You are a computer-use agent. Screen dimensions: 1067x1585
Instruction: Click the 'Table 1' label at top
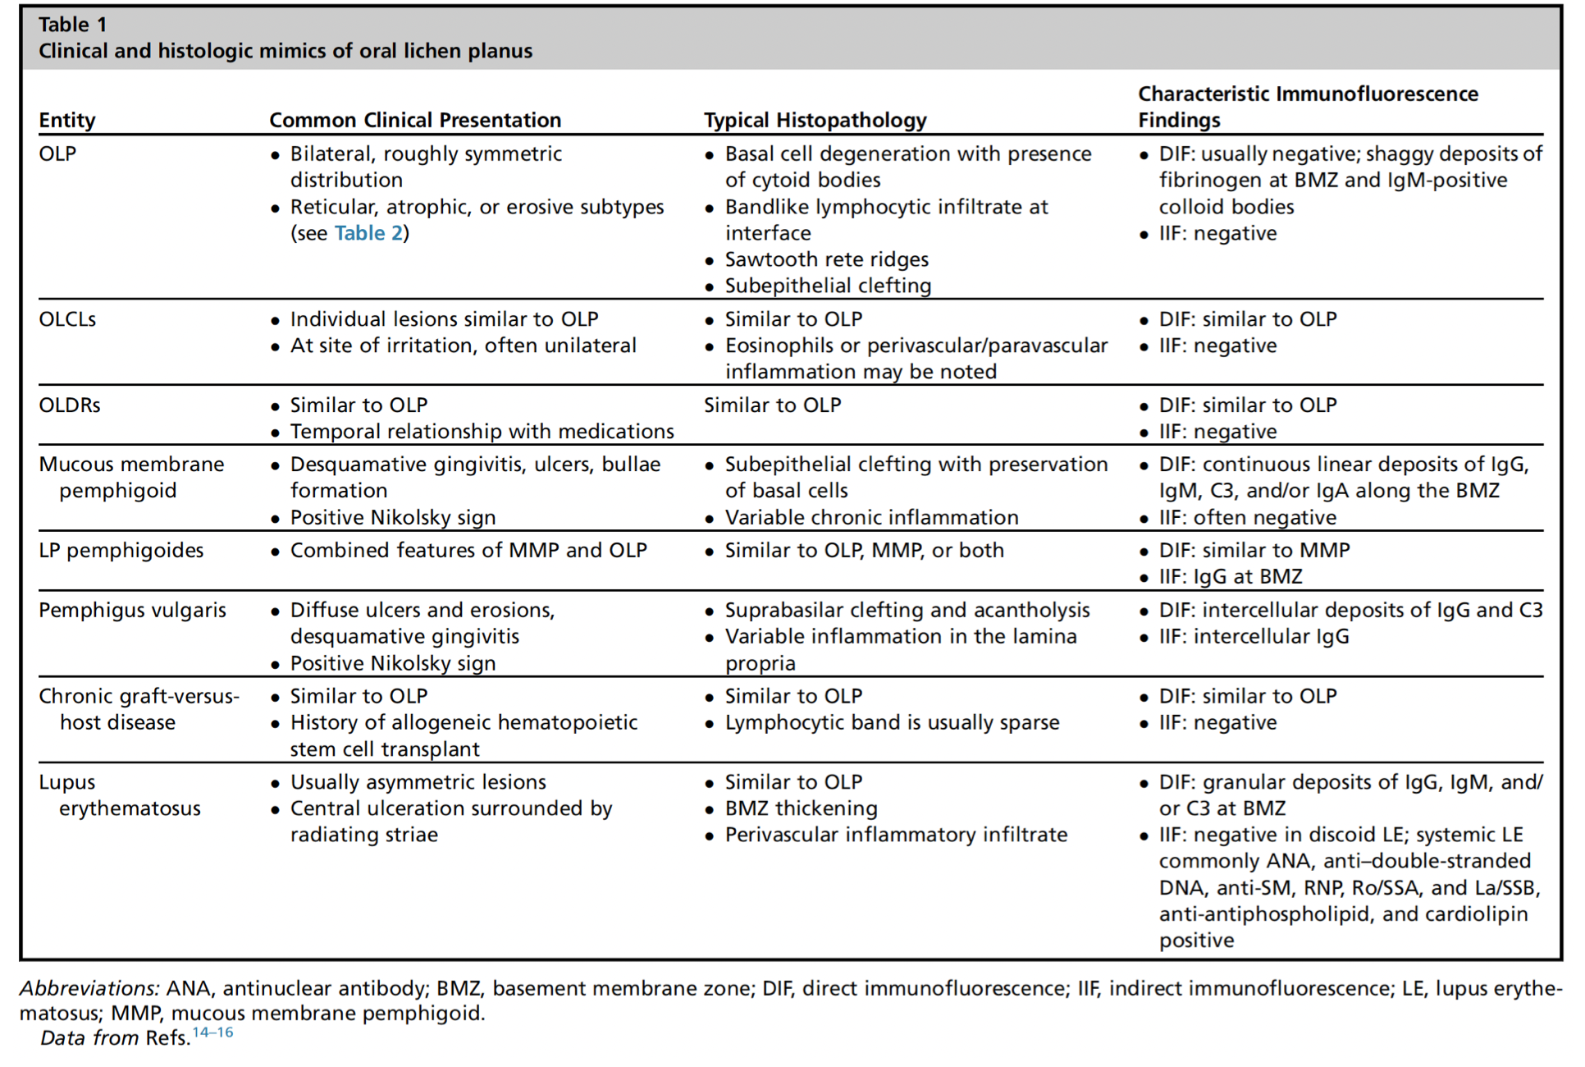72,25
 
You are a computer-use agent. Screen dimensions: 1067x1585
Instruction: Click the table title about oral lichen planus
285,51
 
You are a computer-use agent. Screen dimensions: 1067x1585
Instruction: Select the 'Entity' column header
67,120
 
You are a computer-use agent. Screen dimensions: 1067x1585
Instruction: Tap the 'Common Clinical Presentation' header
415,120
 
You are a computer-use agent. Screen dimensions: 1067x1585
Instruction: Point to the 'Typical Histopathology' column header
815,120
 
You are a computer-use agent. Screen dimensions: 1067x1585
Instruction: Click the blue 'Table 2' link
368,233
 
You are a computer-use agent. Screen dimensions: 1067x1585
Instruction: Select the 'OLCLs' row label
67,319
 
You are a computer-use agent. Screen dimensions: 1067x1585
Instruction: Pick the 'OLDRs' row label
70,405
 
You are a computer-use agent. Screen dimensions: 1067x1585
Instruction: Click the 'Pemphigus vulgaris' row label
132,610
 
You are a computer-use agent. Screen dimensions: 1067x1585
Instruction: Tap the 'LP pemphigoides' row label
121,550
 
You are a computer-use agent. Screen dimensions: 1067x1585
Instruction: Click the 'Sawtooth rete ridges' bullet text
826,259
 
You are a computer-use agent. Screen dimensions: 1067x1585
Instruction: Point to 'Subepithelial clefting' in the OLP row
828,286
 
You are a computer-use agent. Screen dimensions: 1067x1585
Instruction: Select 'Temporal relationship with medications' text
482,431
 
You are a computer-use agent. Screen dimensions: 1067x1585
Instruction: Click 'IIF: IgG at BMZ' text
1230,576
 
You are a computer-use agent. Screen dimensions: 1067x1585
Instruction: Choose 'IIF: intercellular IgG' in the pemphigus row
1254,636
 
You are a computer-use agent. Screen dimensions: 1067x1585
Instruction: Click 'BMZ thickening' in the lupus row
801,808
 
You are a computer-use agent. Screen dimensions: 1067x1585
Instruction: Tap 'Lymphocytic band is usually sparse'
892,722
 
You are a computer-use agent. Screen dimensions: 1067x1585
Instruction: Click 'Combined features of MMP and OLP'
468,550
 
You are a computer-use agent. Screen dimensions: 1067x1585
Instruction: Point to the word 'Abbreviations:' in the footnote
89,988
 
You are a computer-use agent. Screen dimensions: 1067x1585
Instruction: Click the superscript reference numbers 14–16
213,1033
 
